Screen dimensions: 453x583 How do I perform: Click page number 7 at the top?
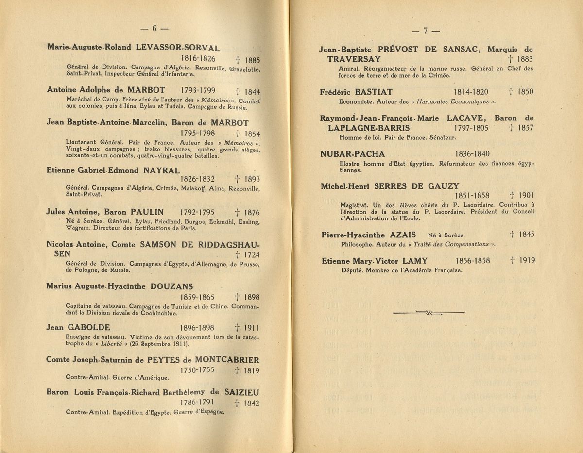pos(425,31)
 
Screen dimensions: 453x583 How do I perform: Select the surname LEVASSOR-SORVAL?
pos(178,48)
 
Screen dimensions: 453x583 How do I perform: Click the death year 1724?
pos(250,254)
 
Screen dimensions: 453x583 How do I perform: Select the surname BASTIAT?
pos(373,92)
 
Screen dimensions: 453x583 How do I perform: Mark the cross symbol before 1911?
pos(236,328)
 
